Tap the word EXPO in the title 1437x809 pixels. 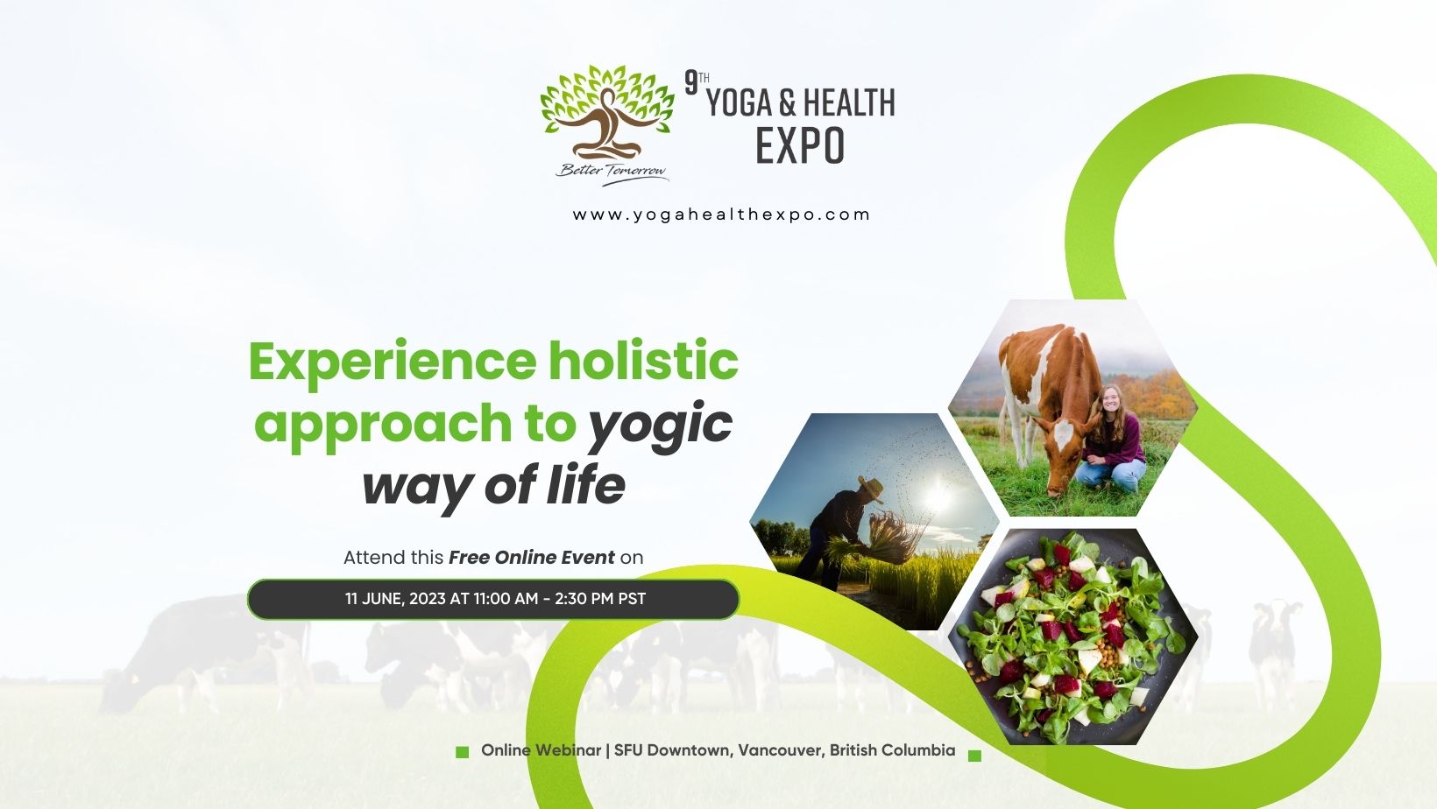point(800,146)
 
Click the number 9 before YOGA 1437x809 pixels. point(691,82)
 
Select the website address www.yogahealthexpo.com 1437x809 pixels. point(721,215)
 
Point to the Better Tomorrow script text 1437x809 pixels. point(612,172)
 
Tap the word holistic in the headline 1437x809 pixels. point(643,360)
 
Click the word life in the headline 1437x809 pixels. point(586,485)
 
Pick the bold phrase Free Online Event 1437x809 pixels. point(531,558)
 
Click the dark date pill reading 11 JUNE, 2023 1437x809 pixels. point(493,600)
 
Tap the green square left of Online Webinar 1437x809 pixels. point(462,753)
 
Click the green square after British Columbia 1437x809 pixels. point(974,756)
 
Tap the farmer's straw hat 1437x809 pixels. point(871,489)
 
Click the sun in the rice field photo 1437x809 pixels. point(938,496)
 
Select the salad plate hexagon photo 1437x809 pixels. point(1072,637)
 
